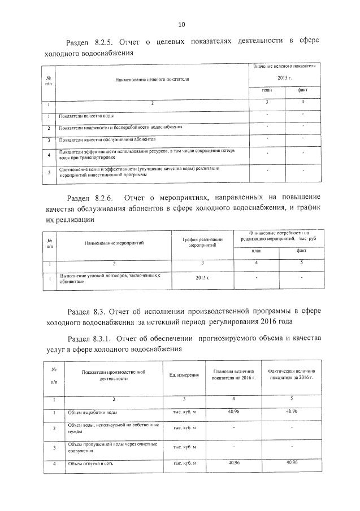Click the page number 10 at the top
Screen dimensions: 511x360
pos(181,24)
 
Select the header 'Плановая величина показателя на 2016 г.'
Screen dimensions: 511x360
pos(235,375)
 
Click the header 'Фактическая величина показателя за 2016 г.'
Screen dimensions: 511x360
pos(292,375)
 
